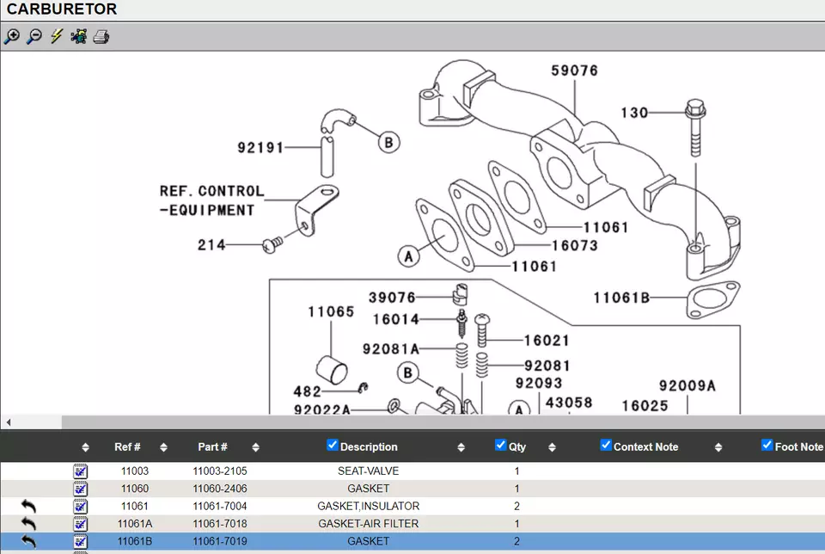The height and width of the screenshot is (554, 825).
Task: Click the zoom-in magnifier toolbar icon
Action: tap(11, 36)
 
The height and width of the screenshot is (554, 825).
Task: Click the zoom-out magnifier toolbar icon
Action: tap(34, 36)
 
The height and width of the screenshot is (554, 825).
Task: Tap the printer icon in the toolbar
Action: tap(101, 37)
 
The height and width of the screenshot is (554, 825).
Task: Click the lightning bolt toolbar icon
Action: tap(57, 36)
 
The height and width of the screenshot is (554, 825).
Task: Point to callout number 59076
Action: tap(575, 71)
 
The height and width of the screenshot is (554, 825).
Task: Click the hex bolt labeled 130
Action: tap(695, 127)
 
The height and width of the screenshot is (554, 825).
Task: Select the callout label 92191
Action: tap(260, 147)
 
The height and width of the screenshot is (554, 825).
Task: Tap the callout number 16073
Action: tap(575, 245)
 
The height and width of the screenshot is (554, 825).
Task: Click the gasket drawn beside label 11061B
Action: tap(713, 299)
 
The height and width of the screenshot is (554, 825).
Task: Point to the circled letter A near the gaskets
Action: tap(409, 256)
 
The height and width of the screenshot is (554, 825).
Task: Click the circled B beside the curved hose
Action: tap(388, 142)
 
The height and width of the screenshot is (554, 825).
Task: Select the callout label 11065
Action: tap(331, 311)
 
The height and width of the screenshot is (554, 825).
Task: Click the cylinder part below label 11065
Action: tap(332, 369)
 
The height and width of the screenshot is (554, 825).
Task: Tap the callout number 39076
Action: tap(392, 298)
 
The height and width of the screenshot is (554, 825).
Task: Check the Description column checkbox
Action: tap(332, 445)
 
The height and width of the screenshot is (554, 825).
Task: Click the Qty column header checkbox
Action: tap(500, 445)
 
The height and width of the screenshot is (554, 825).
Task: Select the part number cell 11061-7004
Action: tap(220, 506)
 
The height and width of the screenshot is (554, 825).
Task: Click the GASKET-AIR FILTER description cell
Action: tap(369, 523)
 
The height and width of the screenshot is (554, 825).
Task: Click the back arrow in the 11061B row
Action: tap(29, 541)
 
